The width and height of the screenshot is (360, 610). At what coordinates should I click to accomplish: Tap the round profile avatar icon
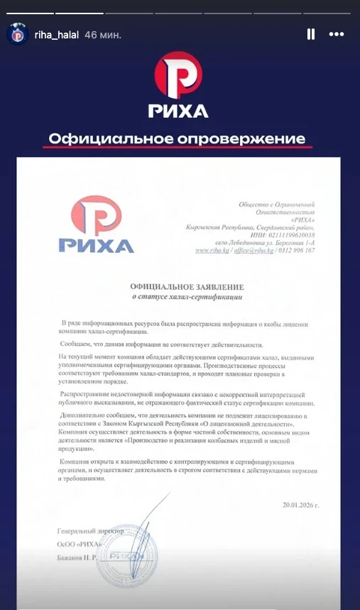(17, 33)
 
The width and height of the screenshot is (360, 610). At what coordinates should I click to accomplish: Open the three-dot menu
(336, 34)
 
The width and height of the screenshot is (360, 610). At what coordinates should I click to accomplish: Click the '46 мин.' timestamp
(102, 34)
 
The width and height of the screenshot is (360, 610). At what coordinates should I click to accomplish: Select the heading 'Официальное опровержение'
(176, 138)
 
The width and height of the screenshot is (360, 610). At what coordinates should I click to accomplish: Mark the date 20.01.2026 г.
(300, 505)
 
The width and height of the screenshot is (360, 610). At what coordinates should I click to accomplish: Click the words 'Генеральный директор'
(90, 531)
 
